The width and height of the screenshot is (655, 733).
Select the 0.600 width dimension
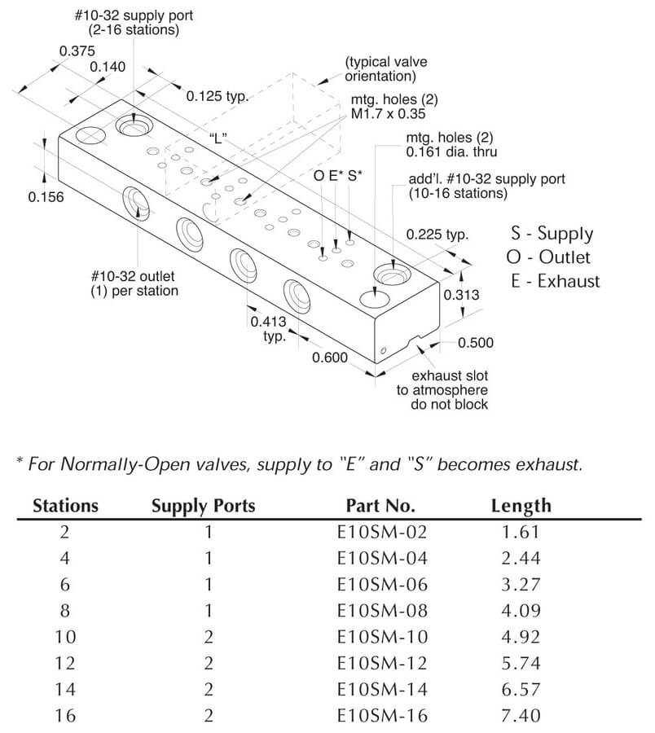click(329, 357)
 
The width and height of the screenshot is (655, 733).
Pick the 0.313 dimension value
click(462, 295)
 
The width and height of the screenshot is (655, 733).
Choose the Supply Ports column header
click(203, 506)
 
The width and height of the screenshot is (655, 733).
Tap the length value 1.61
click(521, 533)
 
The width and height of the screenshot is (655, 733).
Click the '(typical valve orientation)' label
click(380, 69)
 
